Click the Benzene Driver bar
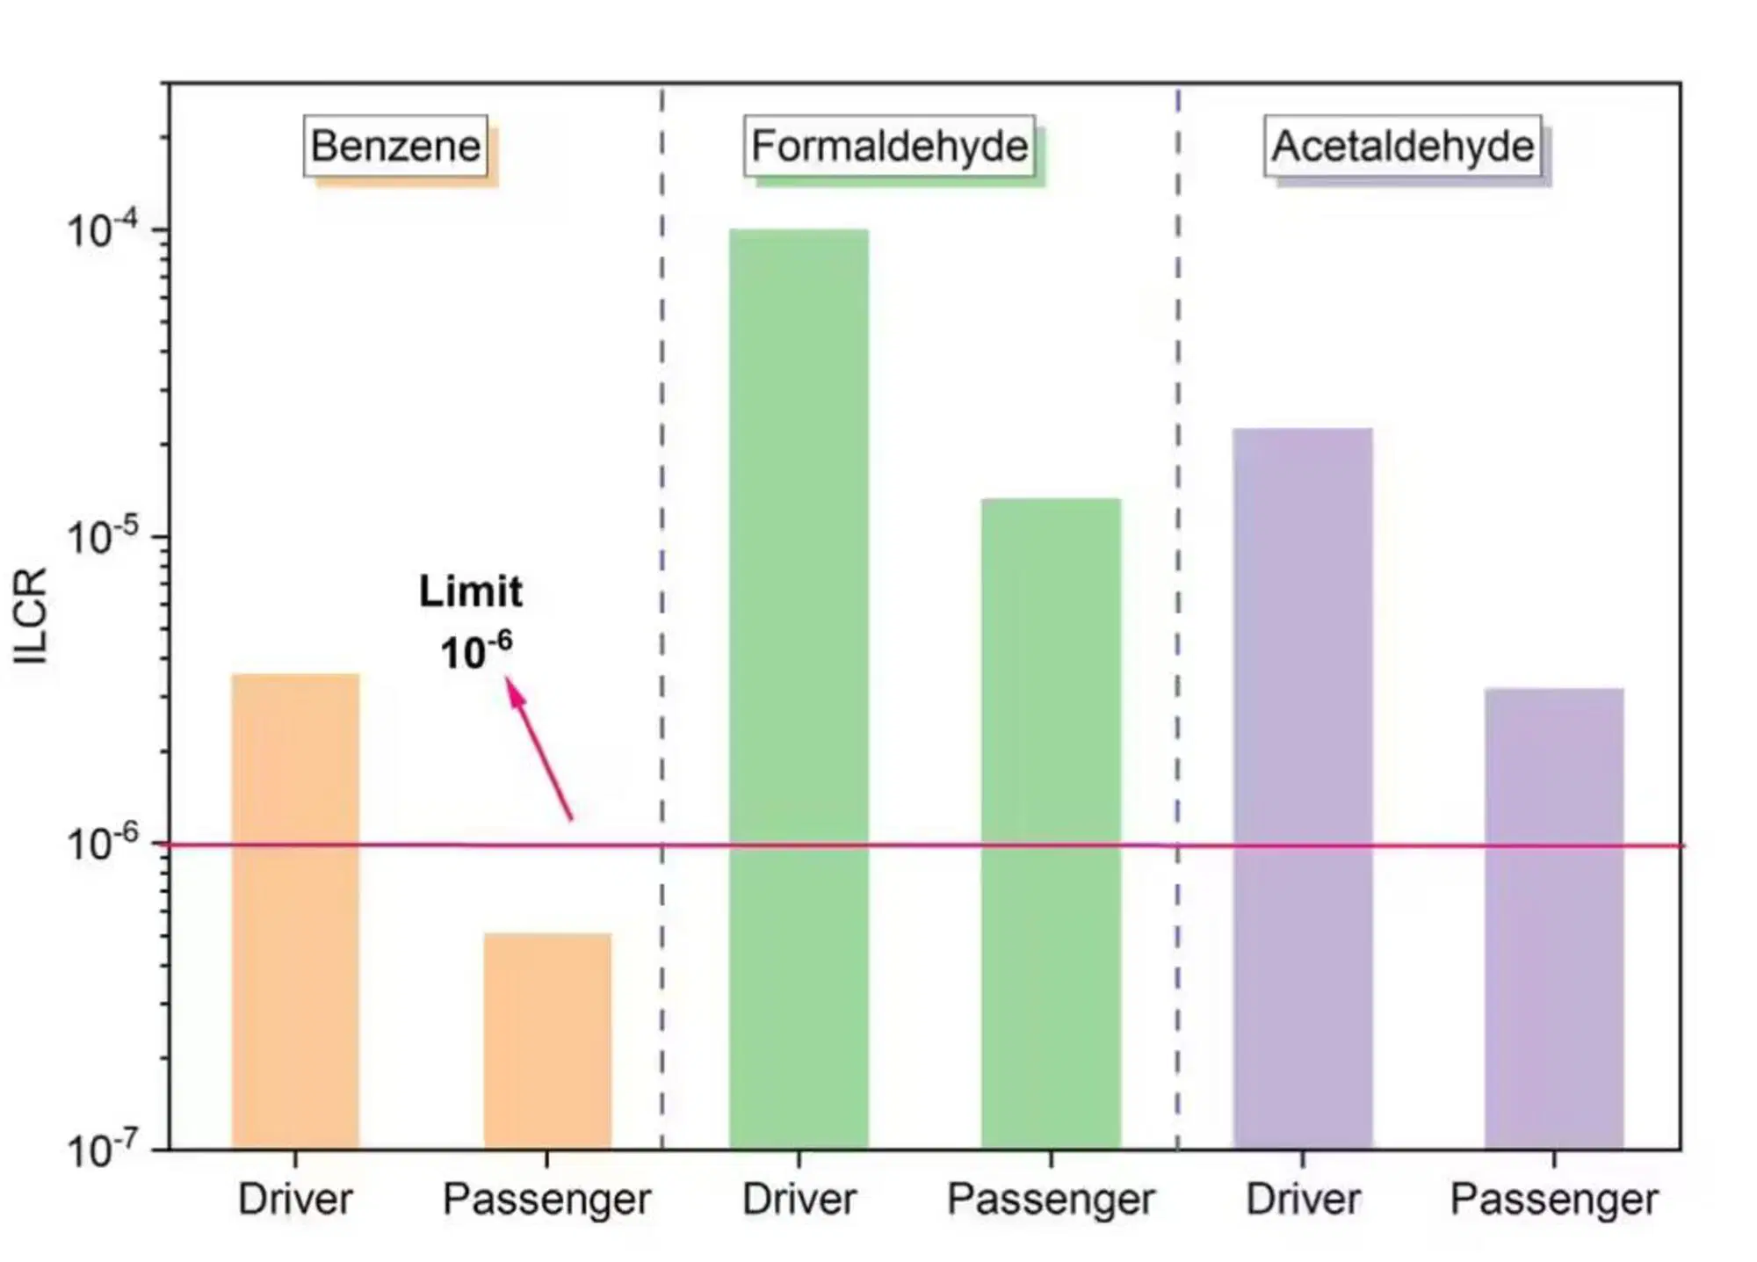coord(295,911)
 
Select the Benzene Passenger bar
coord(547,1041)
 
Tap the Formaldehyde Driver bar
coord(799,689)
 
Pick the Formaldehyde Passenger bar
coord(1051,824)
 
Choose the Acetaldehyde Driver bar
coord(1303,789)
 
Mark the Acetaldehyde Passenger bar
coord(1554,919)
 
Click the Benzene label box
coord(396,146)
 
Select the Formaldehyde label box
coord(889,146)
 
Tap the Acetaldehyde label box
coord(1403,146)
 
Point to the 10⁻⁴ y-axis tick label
coord(103,229)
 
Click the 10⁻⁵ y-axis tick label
coord(103,536)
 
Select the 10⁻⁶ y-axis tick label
coord(103,843)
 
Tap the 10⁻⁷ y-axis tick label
coord(103,1149)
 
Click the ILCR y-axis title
coord(31,615)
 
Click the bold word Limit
coord(471,591)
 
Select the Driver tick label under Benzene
coord(295,1199)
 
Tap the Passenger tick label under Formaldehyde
coord(1051,1200)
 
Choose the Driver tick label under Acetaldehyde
coord(1303,1199)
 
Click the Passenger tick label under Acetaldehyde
coord(1554,1200)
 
